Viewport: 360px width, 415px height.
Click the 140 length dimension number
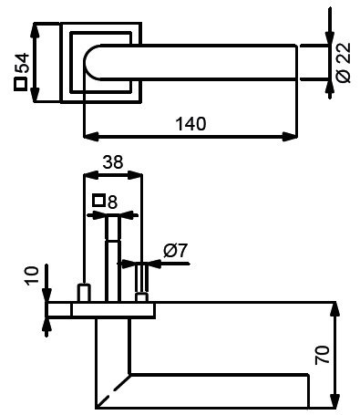point(190,124)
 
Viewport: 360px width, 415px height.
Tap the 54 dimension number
point(22,63)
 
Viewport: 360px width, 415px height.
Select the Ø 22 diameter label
point(344,62)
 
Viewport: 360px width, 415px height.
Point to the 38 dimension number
point(113,161)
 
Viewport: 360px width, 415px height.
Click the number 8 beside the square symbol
point(112,202)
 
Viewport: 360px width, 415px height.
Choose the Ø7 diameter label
point(175,251)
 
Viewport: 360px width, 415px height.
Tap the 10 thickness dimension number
point(32,275)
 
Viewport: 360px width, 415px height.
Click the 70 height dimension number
point(322,355)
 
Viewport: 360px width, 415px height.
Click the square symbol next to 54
point(20,84)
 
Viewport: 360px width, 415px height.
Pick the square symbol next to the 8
point(98,201)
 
